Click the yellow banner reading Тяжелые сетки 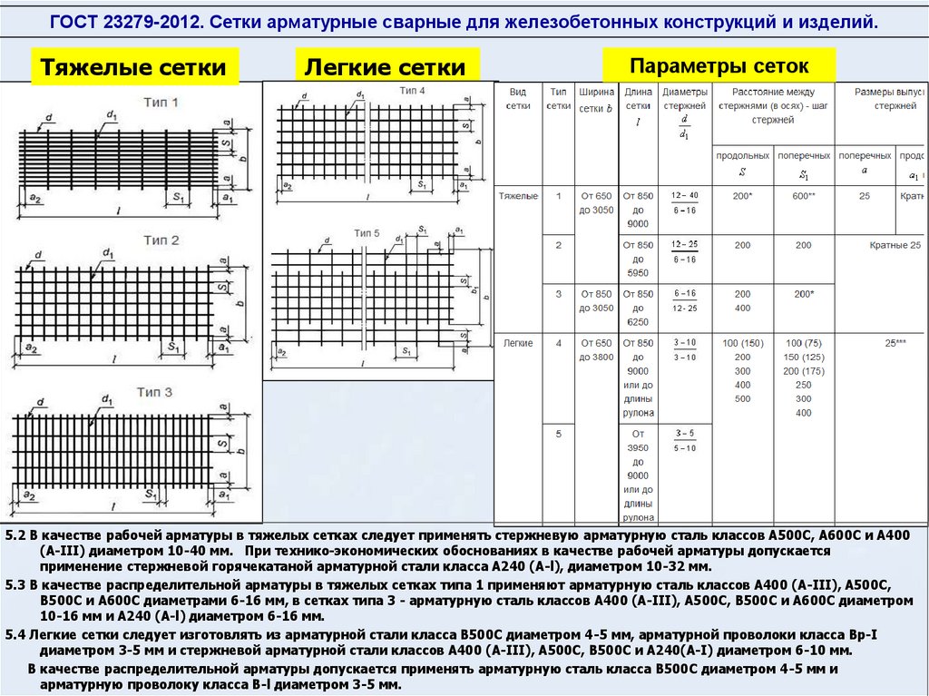135,68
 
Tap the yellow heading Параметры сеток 719,66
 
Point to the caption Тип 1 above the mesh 161,102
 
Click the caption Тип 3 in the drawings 155,392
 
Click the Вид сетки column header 518,99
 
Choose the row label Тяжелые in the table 518,196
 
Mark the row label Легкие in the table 518,343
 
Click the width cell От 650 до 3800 597,350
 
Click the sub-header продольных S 742,163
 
